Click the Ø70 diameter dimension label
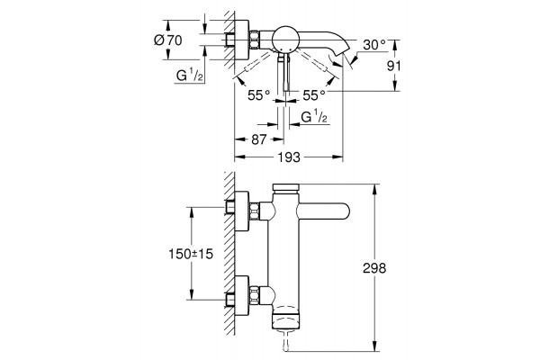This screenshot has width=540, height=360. [x=168, y=40]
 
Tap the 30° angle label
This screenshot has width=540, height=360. [x=374, y=45]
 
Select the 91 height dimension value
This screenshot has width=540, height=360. [x=394, y=66]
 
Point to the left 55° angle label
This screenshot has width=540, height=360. [x=258, y=95]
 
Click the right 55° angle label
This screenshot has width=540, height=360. [x=314, y=95]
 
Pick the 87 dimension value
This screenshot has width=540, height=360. [x=259, y=139]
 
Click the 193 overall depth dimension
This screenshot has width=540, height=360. [x=289, y=157]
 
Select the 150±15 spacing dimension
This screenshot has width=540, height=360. [x=191, y=254]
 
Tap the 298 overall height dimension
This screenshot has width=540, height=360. [x=374, y=268]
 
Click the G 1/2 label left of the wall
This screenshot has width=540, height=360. [x=189, y=75]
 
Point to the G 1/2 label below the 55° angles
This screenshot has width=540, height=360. [x=314, y=117]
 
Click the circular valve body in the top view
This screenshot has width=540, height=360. [x=285, y=39]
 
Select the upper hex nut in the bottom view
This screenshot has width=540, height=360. [x=254, y=211]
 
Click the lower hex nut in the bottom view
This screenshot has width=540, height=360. [x=254, y=295]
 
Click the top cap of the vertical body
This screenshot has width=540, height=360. [x=285, y=187]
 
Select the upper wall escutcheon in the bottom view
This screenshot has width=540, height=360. [x=242, y=211]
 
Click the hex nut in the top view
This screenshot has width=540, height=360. [x=254, y=40]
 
